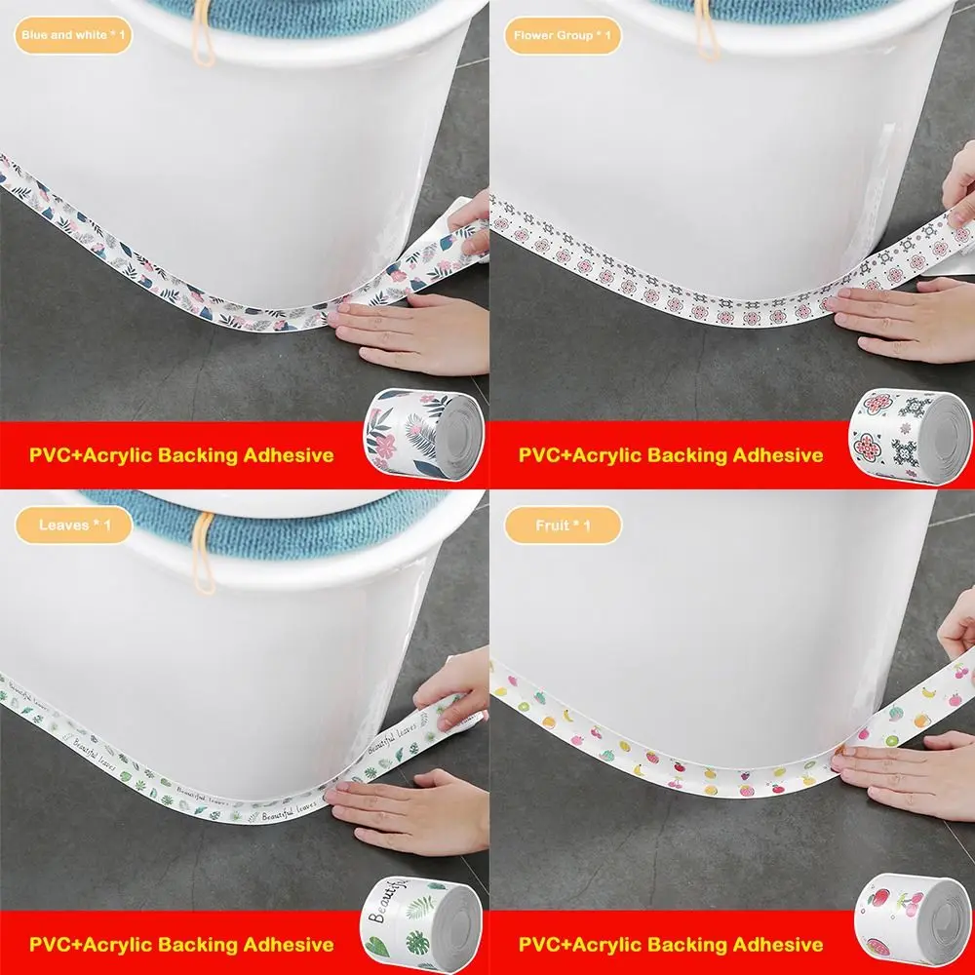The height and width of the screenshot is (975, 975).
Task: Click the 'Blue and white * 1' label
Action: click(x=74, y=36)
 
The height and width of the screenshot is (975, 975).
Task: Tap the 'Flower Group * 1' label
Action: click(x=563, y=36)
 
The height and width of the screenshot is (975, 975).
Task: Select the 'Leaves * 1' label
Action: click(x=74, y=526)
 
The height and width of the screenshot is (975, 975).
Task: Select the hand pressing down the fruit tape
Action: click(x=912, y=770)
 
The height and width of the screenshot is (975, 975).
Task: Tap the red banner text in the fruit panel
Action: click(x=671, y=944)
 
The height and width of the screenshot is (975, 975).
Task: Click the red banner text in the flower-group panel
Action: click(x=671, y=454)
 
